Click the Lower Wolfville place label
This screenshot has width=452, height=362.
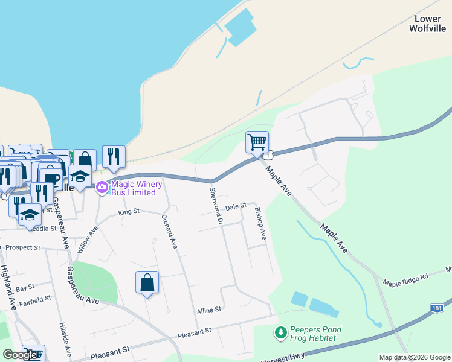click(x=428, y=24)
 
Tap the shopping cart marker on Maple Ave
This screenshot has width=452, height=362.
click(x=257, y=143)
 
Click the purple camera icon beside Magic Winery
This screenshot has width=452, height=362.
click(x=102, y=187)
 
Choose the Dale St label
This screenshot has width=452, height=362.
click(x=236, y=206)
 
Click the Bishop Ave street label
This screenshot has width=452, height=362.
click(x=260, y=224)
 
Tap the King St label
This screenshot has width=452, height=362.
click(x=129, y=212)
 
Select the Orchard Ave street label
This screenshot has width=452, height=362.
click(x=169, y=232)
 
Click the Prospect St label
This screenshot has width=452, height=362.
click(x=22, y=247)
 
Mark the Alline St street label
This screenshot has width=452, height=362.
click(x=209, y=310)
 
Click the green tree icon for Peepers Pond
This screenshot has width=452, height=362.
click(x=280, y=332)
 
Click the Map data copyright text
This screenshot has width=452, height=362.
click(x=414, y=357)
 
